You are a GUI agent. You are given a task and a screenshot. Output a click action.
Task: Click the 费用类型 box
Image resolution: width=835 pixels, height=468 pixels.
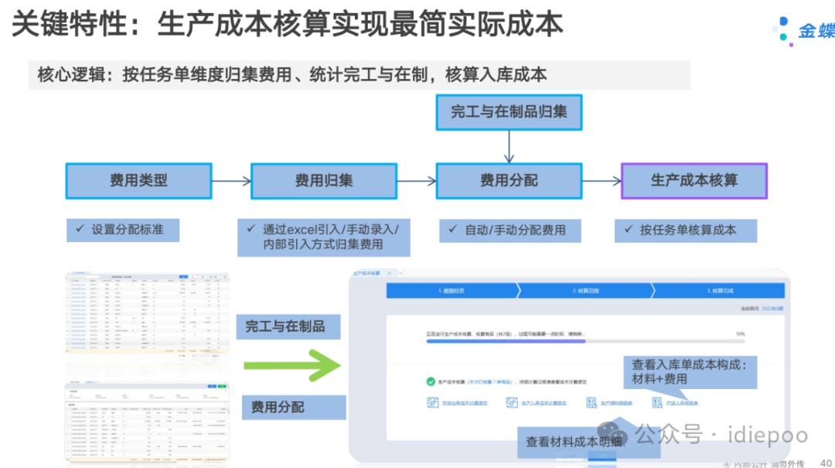point(138,181)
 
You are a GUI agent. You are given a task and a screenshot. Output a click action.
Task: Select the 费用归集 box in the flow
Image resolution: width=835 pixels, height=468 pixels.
point(324,181)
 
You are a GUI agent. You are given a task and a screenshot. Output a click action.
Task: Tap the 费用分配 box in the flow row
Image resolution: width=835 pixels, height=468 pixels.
point(509,181)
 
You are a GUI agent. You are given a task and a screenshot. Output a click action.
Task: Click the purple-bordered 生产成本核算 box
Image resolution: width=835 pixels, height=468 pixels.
point(694,181)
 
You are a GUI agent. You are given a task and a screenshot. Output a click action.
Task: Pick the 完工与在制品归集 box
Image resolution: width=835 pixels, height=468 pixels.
point(509,111)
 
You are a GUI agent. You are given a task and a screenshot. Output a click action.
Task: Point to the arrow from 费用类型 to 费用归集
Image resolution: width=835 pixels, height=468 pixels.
point(231,182)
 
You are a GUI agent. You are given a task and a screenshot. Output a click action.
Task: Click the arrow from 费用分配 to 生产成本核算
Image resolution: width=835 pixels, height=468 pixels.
point(602,182)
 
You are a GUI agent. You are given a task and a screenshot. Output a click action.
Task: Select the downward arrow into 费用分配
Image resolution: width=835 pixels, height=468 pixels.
point(509,146)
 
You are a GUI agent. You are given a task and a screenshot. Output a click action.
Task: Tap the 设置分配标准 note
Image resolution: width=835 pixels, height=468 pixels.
point(124,230)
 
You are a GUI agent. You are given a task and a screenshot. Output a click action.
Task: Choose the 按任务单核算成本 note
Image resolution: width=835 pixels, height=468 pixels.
point(686,230)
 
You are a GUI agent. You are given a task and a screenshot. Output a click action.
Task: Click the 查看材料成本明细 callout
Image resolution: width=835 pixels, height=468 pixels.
point(574,442)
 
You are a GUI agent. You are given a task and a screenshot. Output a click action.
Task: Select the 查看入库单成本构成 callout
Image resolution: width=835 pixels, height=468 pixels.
point(694,371)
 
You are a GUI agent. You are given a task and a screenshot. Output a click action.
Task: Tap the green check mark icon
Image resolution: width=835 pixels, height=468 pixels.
point(431,381)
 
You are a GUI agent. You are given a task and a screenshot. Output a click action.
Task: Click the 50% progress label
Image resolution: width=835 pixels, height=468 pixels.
point(740,334)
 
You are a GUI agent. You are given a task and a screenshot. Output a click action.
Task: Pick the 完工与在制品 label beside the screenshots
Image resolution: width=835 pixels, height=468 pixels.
point(285,327)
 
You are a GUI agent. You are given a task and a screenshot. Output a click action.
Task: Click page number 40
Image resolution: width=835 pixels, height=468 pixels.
point(824,463)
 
